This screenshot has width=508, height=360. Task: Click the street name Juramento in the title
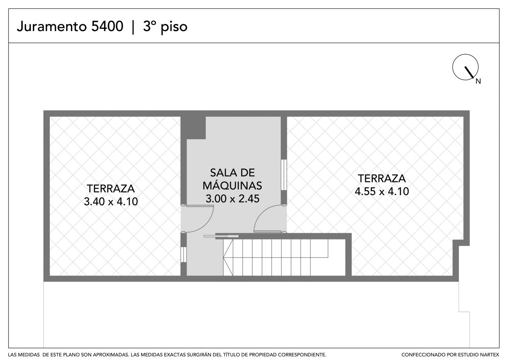pos(52,26)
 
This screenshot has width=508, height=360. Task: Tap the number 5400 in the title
pos(107,26)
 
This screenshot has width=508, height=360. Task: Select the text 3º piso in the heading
pos(165,27)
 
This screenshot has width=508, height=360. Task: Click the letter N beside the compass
pos(478,81)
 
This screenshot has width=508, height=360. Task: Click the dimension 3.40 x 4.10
pos(111,201)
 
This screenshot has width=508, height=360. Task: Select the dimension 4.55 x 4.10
pos(382,191)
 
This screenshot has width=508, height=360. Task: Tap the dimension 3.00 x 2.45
pos(232,199)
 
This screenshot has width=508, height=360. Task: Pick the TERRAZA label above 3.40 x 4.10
pos(111,189)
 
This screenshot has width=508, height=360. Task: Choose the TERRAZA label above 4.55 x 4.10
pos(382,178)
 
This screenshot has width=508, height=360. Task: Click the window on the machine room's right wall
pos(284,175)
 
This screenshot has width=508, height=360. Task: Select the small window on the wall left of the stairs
pos(183,254)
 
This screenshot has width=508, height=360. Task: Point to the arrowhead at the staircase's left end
pos(224,257)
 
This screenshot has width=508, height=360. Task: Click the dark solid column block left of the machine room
pos(193,128)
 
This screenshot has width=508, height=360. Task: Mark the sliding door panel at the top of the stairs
pos(221,236)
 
